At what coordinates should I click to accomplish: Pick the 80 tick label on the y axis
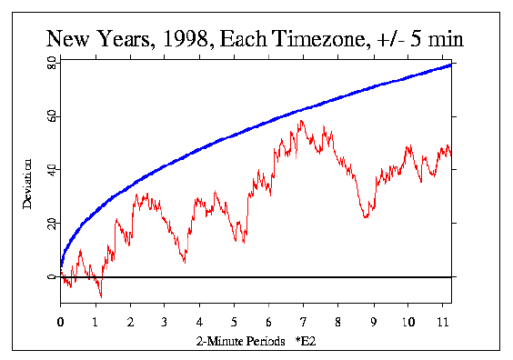coord(52,65)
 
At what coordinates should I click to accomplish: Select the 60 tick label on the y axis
coord(52,117)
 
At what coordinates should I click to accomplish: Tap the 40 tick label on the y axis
coord(52,170)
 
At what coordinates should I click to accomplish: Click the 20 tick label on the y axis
coord(52,224)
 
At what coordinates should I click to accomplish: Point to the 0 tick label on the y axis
coord(52,276)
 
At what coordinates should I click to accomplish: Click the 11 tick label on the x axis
coord(442,321)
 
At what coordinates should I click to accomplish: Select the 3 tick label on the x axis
coord(164,321)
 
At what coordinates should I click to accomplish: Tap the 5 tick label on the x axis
coord(234,321)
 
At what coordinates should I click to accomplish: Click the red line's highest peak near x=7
coord(301,120)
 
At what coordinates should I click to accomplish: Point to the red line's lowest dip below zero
coord(101,296)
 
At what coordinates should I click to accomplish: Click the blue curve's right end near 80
coord(450,65)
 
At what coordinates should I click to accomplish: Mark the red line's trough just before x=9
coord(365,218)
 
